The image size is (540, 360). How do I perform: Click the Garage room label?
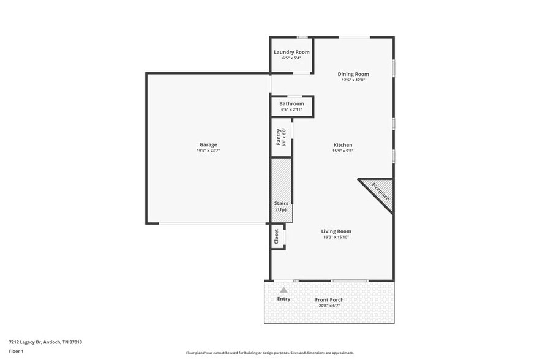click(208, 144)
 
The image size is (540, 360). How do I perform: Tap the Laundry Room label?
click(291, 53)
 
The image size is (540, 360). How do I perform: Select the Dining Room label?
click(353, 74)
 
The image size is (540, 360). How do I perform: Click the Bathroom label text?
click(291, 104)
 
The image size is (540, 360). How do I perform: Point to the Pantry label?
click(279, 137)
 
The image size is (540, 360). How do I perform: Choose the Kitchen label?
click(342, 145)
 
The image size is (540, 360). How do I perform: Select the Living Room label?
click(336, 231)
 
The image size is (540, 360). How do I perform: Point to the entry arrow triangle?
click(283, 290)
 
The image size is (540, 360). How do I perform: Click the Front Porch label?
click(329, 299)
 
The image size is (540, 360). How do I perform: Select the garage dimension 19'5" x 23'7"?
click(208, 151)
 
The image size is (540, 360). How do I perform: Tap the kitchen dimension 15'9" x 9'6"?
click(342, 151)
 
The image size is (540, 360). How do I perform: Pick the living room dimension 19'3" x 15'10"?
click(336, 237)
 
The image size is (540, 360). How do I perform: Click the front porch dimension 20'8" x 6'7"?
click(329, 305)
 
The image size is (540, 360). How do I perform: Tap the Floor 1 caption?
click(16, 351)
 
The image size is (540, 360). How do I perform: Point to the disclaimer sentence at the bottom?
click(269, 353)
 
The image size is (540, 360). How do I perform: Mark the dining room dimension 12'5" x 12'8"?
click(353, 80)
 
